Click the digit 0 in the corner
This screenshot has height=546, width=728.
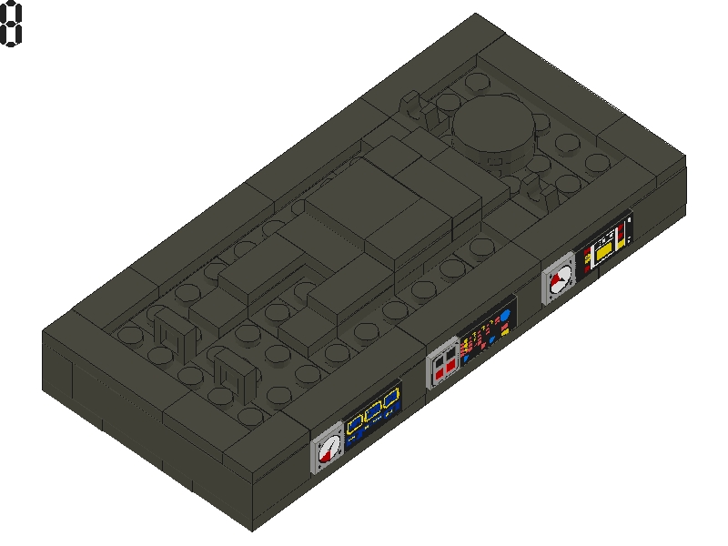(x=10, y=24)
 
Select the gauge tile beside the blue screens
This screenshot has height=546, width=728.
(x=328, y=448)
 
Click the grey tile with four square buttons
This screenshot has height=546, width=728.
(x=443, y=363)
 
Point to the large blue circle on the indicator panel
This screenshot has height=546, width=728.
(x=505, y=316)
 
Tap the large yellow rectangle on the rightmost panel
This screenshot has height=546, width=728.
(x=604, y=251)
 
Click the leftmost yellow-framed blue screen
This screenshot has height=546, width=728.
(x=355, y=423)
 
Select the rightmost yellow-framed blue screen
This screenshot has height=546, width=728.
(x=391, y=399)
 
